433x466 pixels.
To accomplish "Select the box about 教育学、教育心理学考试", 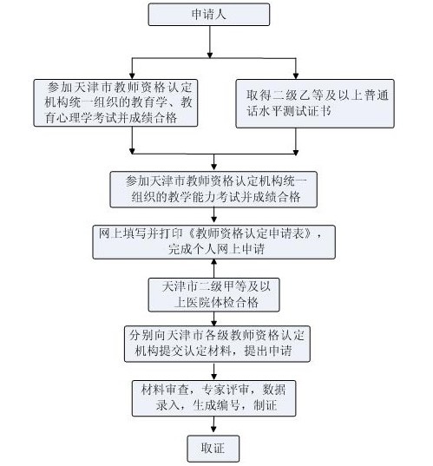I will pyautogui.click(x=118, y=103).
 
